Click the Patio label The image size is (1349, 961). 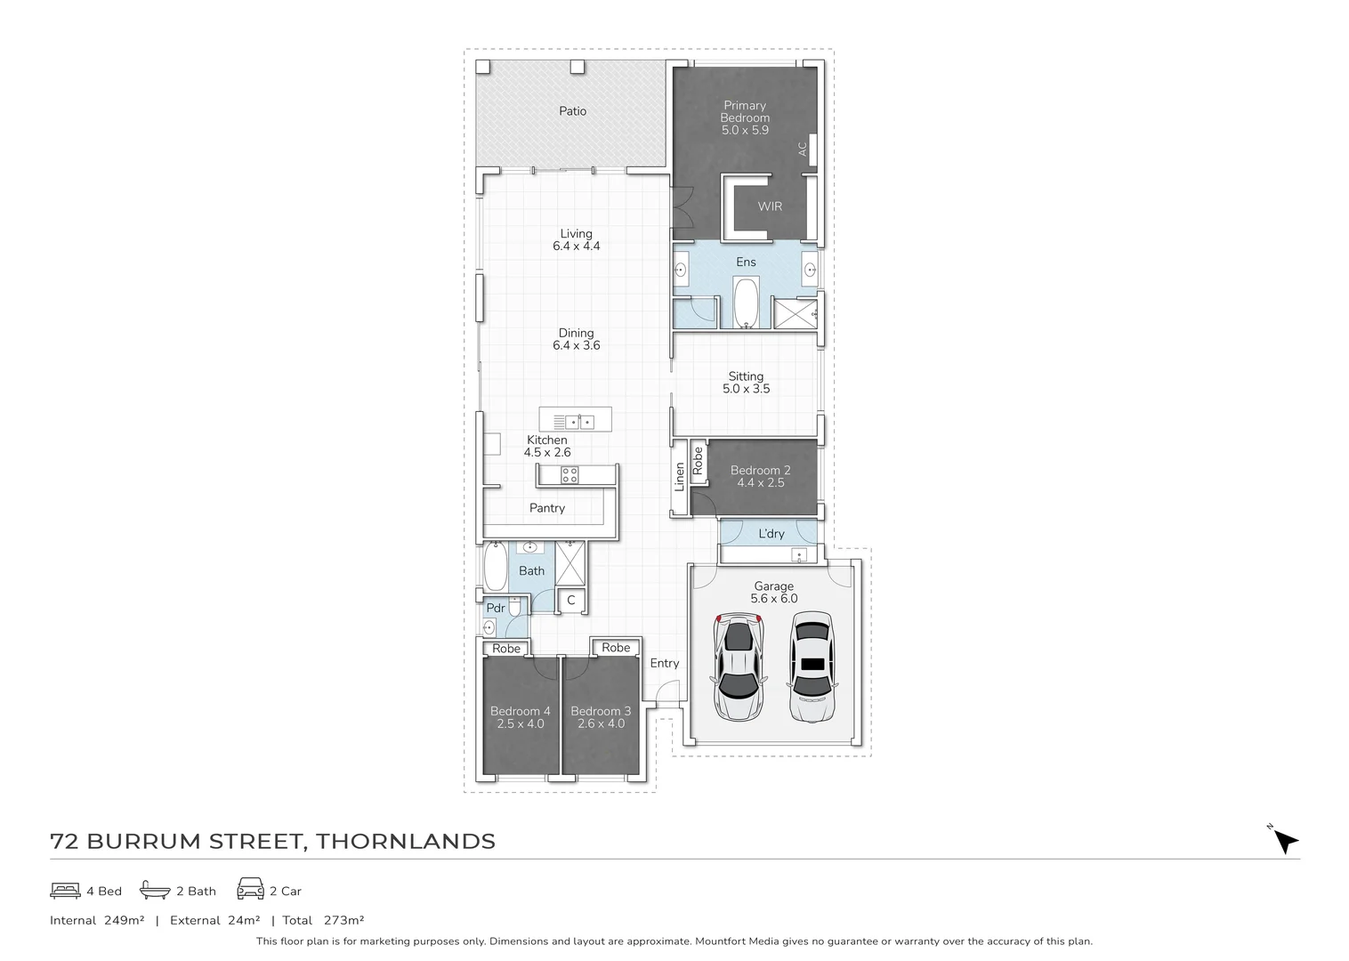click(572, 111)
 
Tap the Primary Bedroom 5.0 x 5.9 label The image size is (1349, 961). click(745, 117)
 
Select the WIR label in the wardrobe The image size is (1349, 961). click(770, 206)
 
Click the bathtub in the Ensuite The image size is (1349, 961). click(746, 303)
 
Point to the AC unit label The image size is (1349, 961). click(803, 149)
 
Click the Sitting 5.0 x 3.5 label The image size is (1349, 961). click(746, 383)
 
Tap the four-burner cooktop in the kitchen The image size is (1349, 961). click(569, 475)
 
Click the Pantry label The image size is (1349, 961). click(546, 508)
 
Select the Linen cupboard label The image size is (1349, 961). click(680, 476)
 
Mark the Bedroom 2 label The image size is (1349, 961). click(760, 476)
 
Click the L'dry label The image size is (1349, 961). click(771, 534)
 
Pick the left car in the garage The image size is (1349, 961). click(739, 667)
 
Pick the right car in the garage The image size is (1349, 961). click(811, 666)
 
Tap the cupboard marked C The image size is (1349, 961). click(570, 601)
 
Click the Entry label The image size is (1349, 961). click(664, 663)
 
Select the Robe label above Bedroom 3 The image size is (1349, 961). click(615, 648)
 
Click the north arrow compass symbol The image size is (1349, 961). click(1285, 840)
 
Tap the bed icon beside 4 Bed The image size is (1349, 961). click(65, 890)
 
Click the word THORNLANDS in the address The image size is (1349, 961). click(406, 841)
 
